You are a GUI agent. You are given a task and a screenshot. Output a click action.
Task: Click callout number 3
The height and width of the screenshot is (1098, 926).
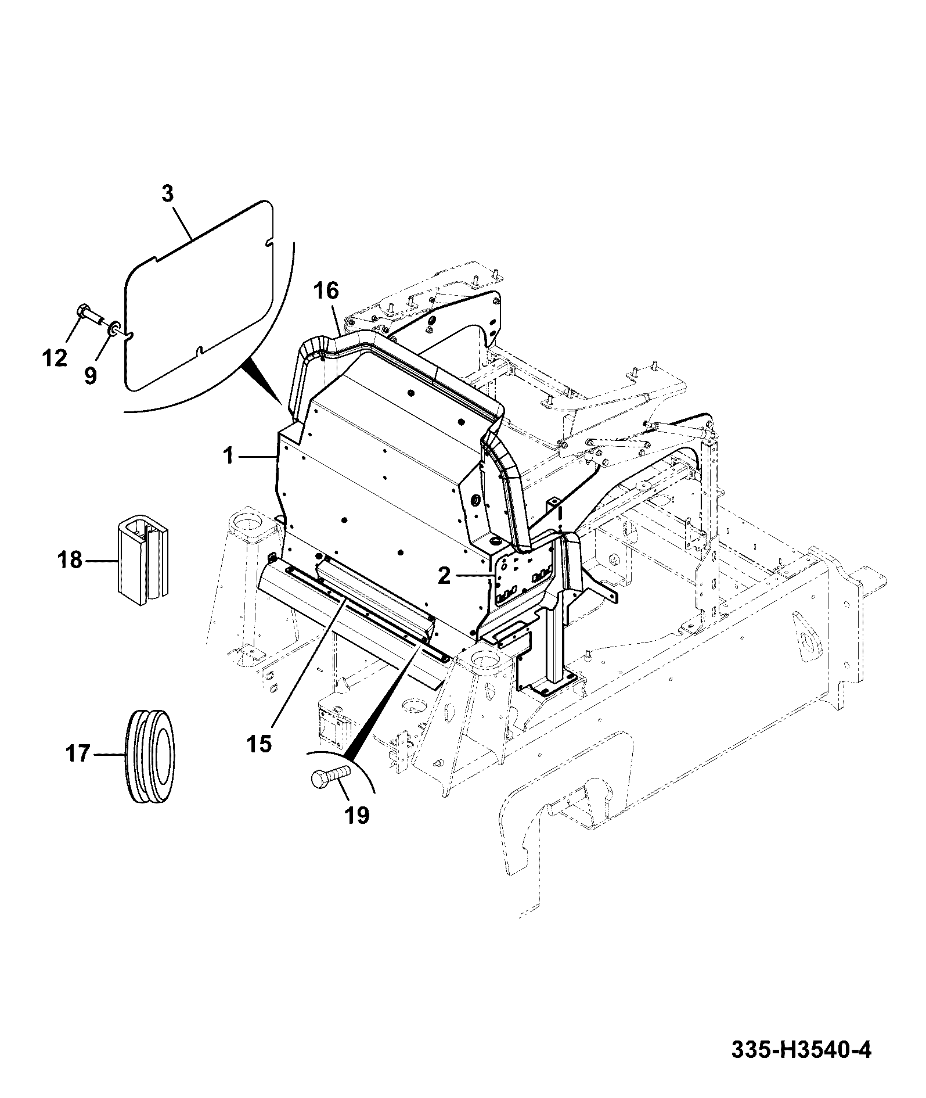[167, 194]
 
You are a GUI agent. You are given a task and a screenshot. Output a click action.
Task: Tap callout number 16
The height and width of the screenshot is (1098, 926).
[327, 290]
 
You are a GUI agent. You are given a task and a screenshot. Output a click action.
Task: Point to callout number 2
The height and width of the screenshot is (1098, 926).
[444, 576]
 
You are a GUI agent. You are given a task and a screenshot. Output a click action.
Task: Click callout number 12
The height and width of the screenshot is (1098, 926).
[55, 358]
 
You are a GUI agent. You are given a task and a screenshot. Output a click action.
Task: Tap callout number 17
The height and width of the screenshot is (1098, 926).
[78, 754]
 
